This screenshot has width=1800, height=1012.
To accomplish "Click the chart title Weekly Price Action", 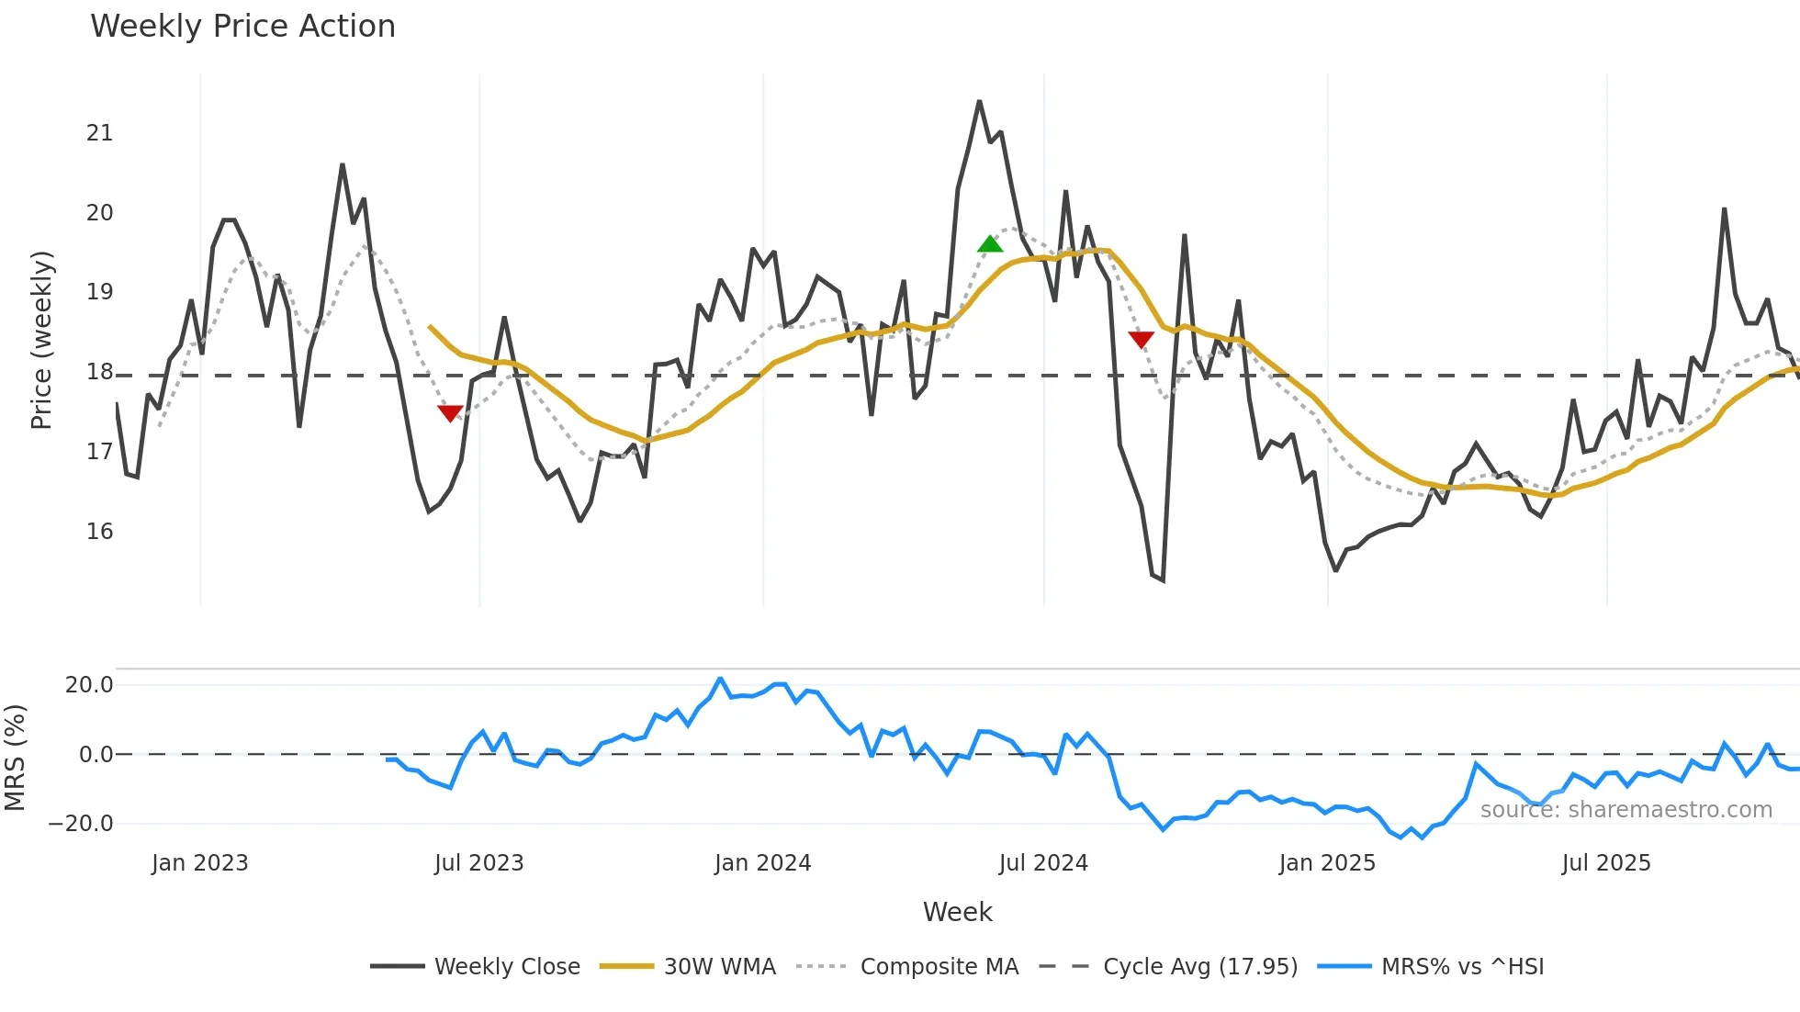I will click(x=242, y=27).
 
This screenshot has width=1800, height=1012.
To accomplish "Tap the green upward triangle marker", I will click(x=990, y=244).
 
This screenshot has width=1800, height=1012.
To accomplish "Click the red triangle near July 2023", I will click(x=450, y=413).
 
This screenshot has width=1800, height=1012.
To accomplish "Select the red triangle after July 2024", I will click(x=1141, y=340).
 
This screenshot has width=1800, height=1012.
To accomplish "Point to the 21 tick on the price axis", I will click(x=100, y=133).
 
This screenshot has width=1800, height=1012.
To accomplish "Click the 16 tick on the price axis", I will click(x=100, y=532).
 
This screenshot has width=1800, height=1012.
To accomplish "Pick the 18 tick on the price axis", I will click(x=100, y=372).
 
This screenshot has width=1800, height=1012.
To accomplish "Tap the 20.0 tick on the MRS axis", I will click(x=89, y=685).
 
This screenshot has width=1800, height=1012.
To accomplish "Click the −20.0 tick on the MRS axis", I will click(x=81, y=824).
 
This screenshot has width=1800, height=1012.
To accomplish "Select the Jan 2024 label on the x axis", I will click(x=762, y=863).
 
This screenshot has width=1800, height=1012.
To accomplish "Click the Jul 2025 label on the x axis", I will click(x=1606, y=863).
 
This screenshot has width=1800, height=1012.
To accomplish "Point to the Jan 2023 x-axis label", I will click(x=200, y=863).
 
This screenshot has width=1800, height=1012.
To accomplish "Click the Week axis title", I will click(x=957, y=912).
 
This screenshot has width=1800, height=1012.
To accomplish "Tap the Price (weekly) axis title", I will click(x=42, y=340).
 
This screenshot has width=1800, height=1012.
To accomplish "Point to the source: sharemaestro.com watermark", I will click(x=1626, y=810).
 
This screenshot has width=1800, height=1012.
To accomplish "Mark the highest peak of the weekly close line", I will click(x=979, y=102).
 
